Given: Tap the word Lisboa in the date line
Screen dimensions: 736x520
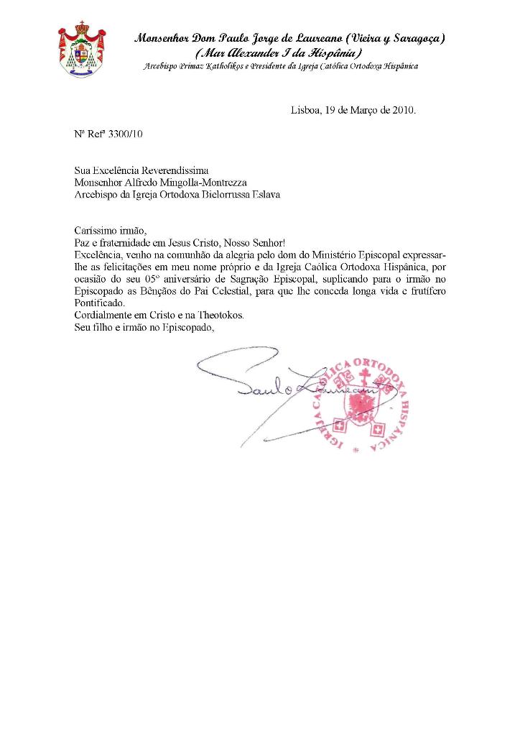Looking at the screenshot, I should tap(305, 111).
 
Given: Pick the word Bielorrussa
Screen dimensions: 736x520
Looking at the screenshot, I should tap(212, 194).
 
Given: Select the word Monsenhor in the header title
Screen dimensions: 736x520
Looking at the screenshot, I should tap(162, 37).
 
